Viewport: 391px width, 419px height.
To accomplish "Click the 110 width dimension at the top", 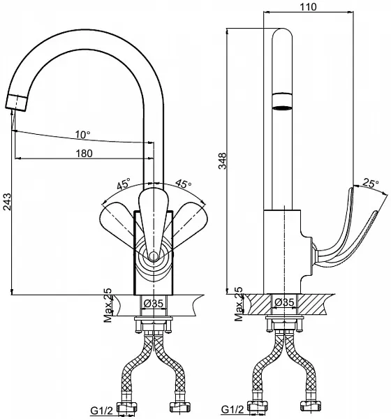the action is tap(308, 7).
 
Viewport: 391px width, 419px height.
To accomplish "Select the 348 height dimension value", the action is tap(222, 161).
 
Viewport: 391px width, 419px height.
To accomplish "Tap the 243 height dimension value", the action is tap(7, 202).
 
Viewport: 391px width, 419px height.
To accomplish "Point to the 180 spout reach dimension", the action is tap(84, 154).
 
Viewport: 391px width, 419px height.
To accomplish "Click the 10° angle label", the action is tap(82, 135).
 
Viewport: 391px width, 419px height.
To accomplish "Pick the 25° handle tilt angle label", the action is tap(371, 183).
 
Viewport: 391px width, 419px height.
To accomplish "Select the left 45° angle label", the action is tap(124, 184).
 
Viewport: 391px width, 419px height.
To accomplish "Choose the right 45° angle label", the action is tap(184, 184).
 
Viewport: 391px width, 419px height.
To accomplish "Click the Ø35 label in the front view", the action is tap(153, 303).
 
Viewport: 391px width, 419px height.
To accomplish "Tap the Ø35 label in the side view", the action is tap(284, 302).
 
